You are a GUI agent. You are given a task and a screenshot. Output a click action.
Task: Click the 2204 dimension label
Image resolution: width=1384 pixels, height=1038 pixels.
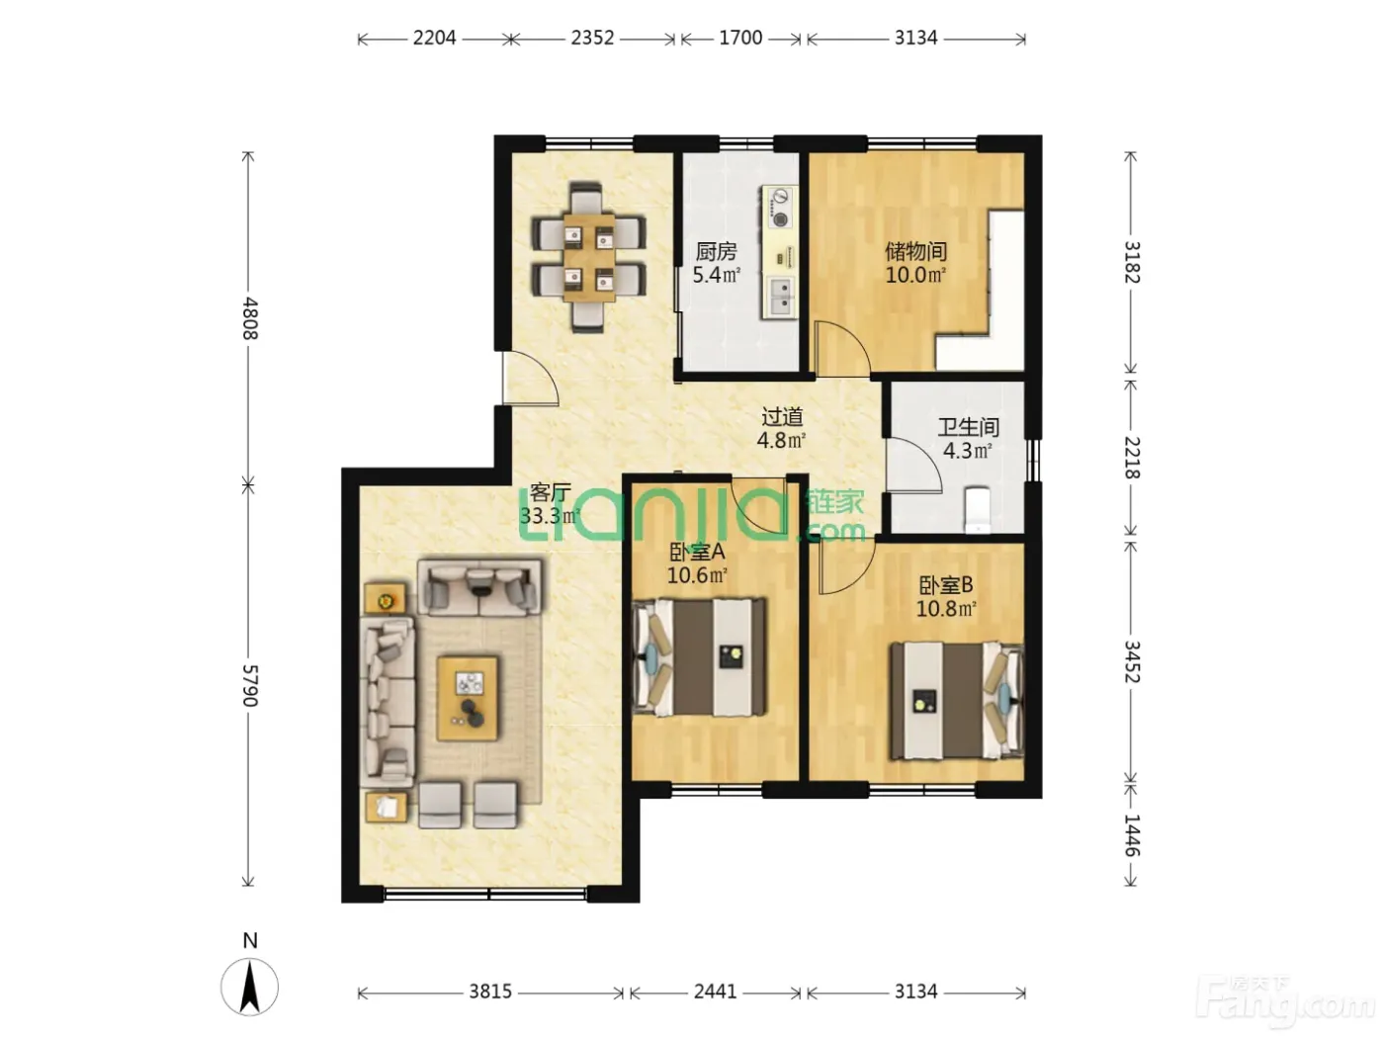click(x=434, y=39)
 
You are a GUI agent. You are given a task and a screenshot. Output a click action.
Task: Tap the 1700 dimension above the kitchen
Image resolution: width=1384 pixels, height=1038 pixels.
click(x=740, y=39)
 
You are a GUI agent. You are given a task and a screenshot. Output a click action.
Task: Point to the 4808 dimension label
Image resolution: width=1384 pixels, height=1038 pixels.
click(x=250, y=318)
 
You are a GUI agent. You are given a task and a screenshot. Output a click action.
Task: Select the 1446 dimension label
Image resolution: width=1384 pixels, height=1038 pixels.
click(x=1133, y=835)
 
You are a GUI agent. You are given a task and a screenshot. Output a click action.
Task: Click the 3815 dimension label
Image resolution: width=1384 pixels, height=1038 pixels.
click(x=490, y=992)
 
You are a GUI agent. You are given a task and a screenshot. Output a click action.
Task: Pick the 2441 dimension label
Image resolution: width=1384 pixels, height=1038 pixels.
click(x=715, y=992)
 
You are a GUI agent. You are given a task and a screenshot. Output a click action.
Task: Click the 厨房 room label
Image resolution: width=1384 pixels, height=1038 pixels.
click(x=717, y=251)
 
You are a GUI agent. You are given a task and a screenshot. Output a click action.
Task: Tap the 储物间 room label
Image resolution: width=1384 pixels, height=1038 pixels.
click(x=915, y=251)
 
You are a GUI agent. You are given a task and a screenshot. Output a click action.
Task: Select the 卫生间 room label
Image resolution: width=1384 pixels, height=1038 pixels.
click(x=969, y=427)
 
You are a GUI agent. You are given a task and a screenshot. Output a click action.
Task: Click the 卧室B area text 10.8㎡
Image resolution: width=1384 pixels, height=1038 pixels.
click(x=946, y=609)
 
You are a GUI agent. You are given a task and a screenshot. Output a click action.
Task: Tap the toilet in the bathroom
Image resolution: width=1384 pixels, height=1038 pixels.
click(x=977, y=509)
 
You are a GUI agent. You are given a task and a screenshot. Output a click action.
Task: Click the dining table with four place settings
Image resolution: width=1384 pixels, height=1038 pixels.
click(x=589, y=258)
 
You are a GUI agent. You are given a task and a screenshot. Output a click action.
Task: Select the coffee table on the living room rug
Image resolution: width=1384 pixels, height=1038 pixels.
click(x=469, y=698)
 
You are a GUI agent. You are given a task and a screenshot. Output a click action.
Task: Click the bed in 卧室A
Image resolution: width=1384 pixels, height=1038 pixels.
click(x=699, y=657)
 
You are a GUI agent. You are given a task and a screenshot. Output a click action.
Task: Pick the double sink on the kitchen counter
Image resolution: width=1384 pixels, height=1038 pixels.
click(x=781, y=297)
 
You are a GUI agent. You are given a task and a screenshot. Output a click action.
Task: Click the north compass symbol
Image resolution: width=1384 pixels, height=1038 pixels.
click(x=250, y=987)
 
